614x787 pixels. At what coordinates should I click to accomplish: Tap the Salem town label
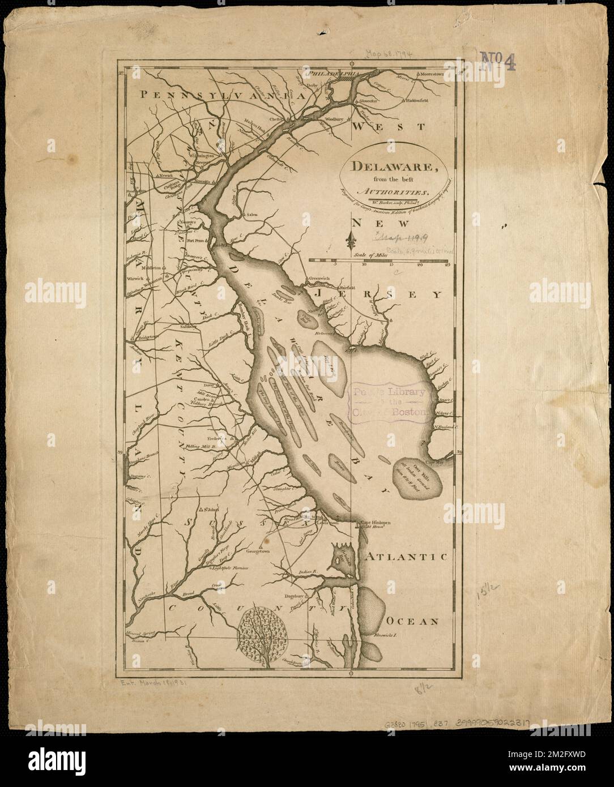coord(252,216)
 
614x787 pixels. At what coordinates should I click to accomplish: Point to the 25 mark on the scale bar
coord(447,264)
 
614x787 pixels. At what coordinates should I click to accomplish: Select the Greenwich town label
coord(318,279)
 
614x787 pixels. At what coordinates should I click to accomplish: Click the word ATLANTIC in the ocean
coord(406,558)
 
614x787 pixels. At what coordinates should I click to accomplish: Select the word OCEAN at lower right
coord(414,621)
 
